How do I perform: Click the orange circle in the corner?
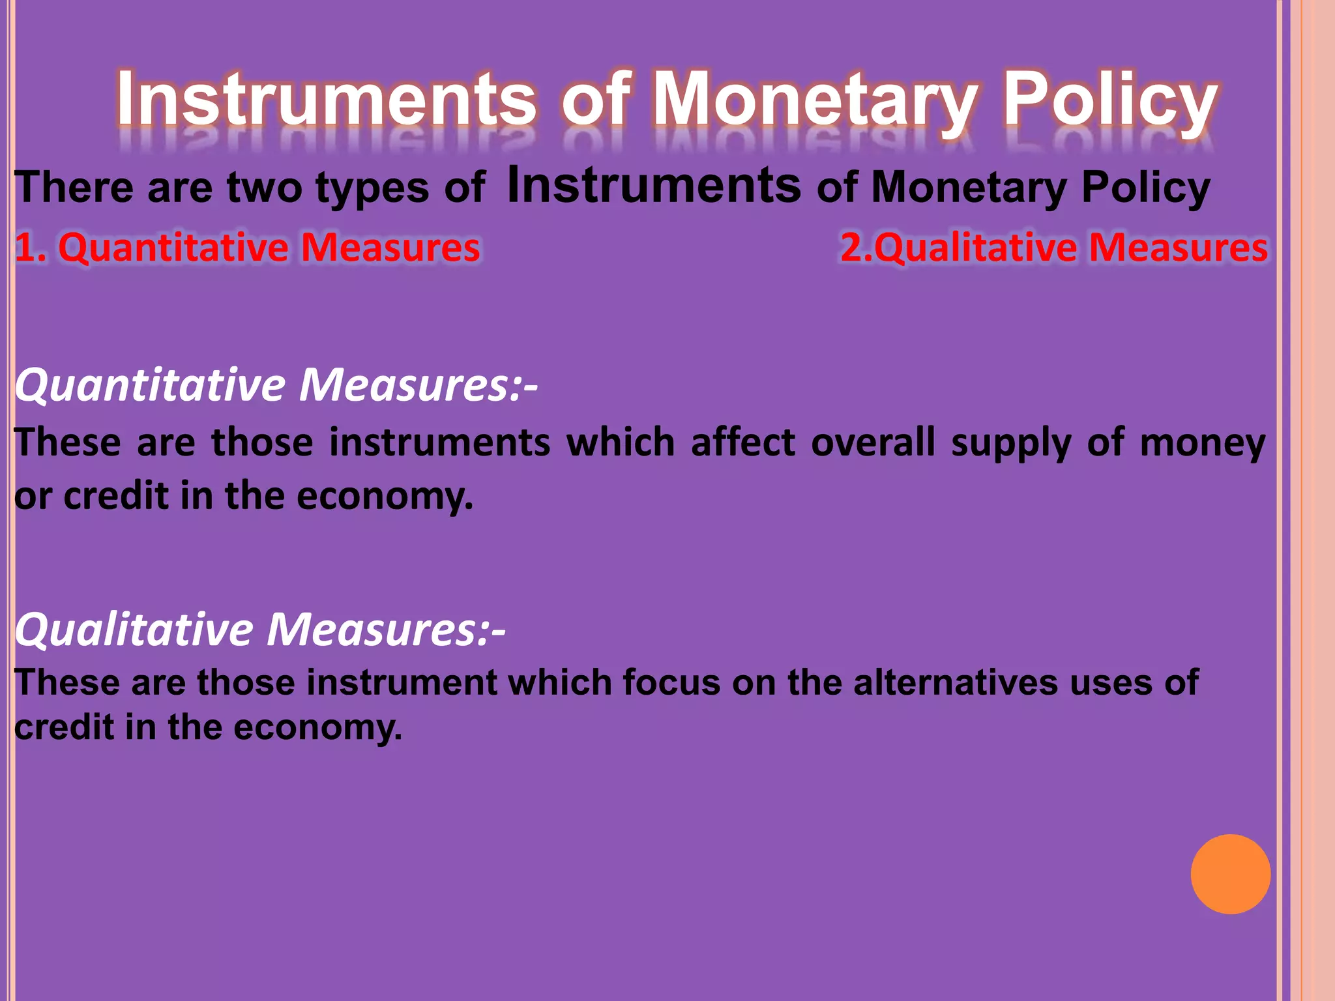pos(1230,874)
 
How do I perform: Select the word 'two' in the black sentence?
pos(264,188)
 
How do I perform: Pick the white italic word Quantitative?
pos(150,385)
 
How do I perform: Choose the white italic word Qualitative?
pos(134,630)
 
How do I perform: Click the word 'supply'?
pos(1010,444)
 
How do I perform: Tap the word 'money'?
pos(1203,444)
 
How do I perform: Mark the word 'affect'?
pos(743,442)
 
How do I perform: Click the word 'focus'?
pos(671,683)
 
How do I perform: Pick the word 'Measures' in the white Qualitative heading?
pos(378,630)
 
